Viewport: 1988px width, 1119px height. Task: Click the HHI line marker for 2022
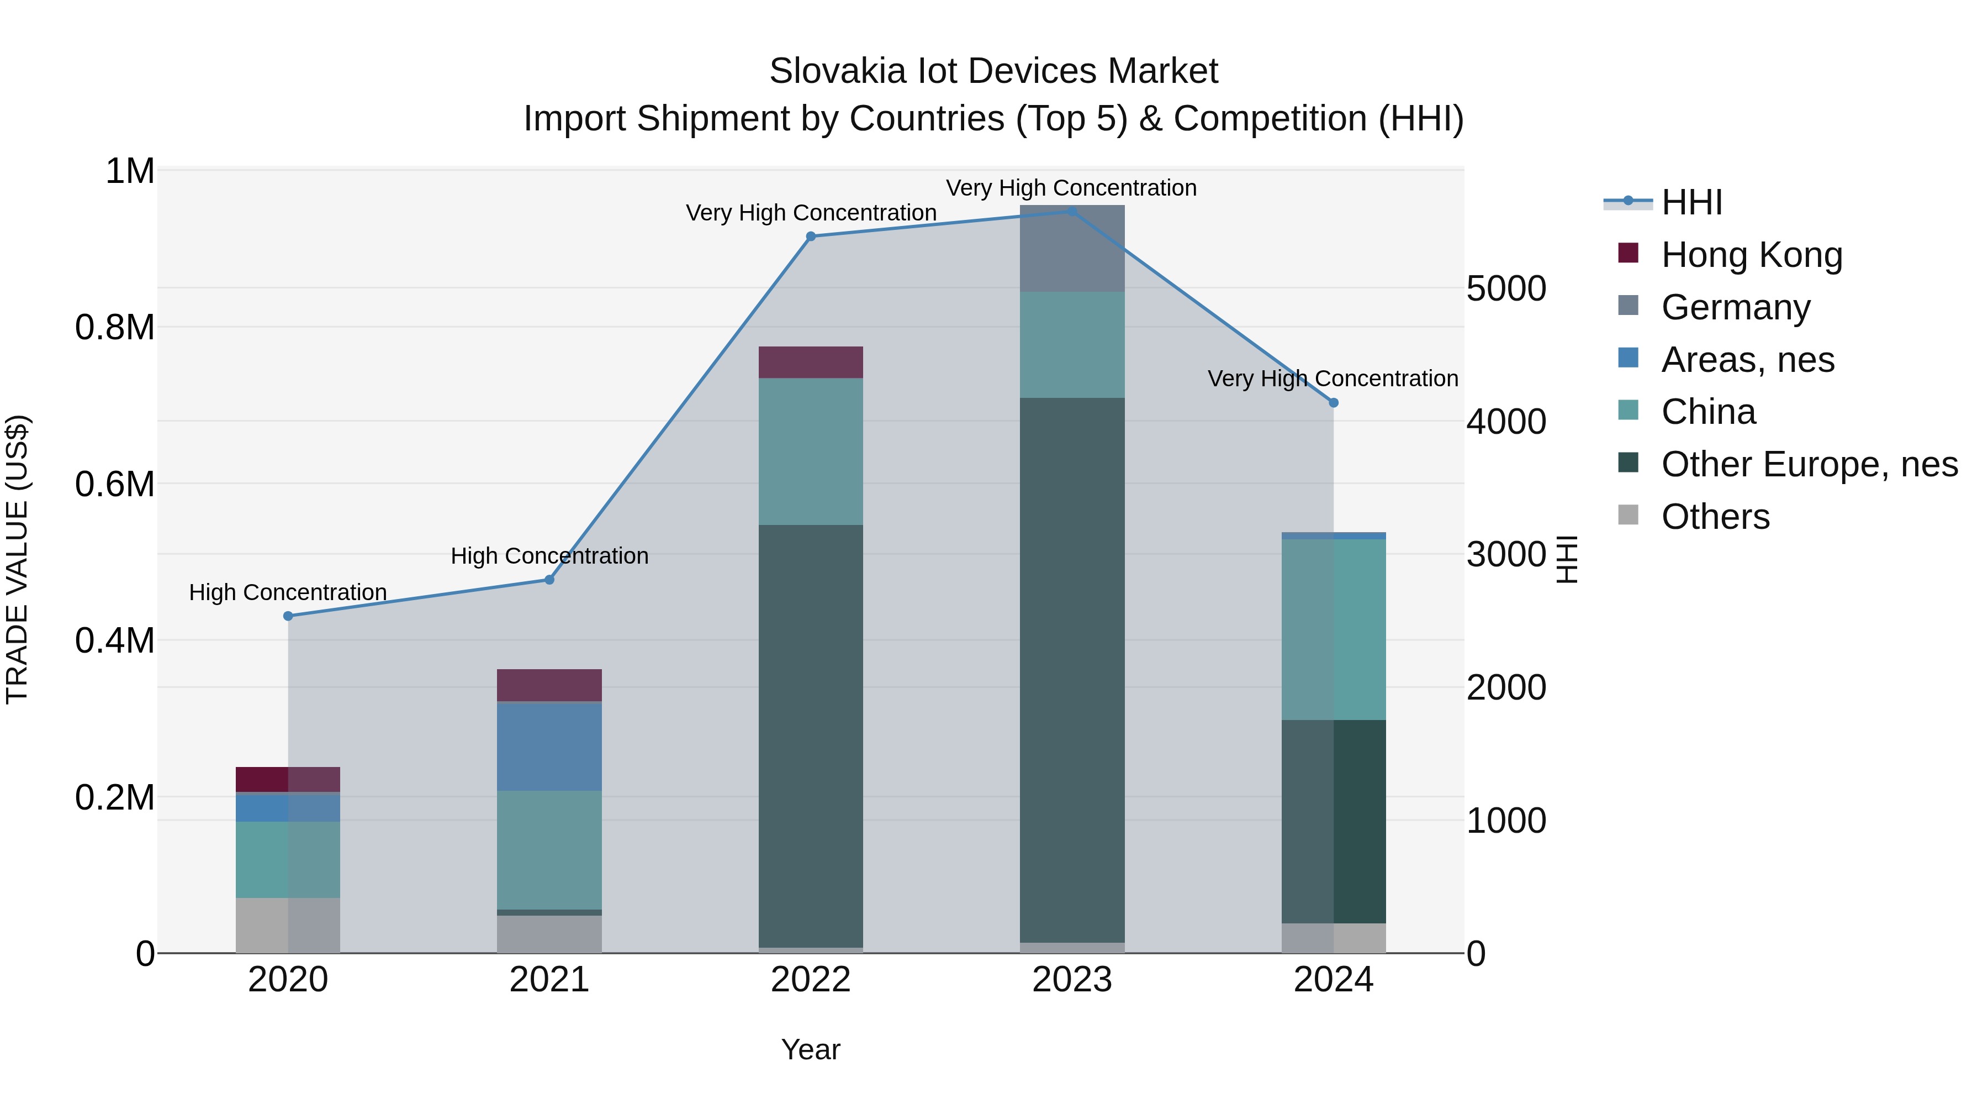tap(810, 237)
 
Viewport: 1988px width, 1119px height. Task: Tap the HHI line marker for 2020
tap(288, 616)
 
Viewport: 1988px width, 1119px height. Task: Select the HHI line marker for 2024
tap(1334, 402)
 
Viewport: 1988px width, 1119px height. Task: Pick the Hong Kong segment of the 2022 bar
tap(810, 362)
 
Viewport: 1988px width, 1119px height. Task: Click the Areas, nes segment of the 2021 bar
tap(549, 746)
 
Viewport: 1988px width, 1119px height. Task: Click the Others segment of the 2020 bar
tap(288, 925)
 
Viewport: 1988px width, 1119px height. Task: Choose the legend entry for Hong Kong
tap(1751, 255)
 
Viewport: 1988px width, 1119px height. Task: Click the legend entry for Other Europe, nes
tap(1809, 464)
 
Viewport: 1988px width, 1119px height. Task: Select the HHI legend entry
tap(1691, 202)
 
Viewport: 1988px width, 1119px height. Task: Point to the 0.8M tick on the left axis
tap(115, 328)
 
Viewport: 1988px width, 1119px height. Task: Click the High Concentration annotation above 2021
tap(549, 556)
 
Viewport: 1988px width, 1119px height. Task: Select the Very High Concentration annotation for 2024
tap(1333, 379)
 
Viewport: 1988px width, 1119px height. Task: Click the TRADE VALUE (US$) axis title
tap(17, 559)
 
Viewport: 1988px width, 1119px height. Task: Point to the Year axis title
tap(810, 1049)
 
